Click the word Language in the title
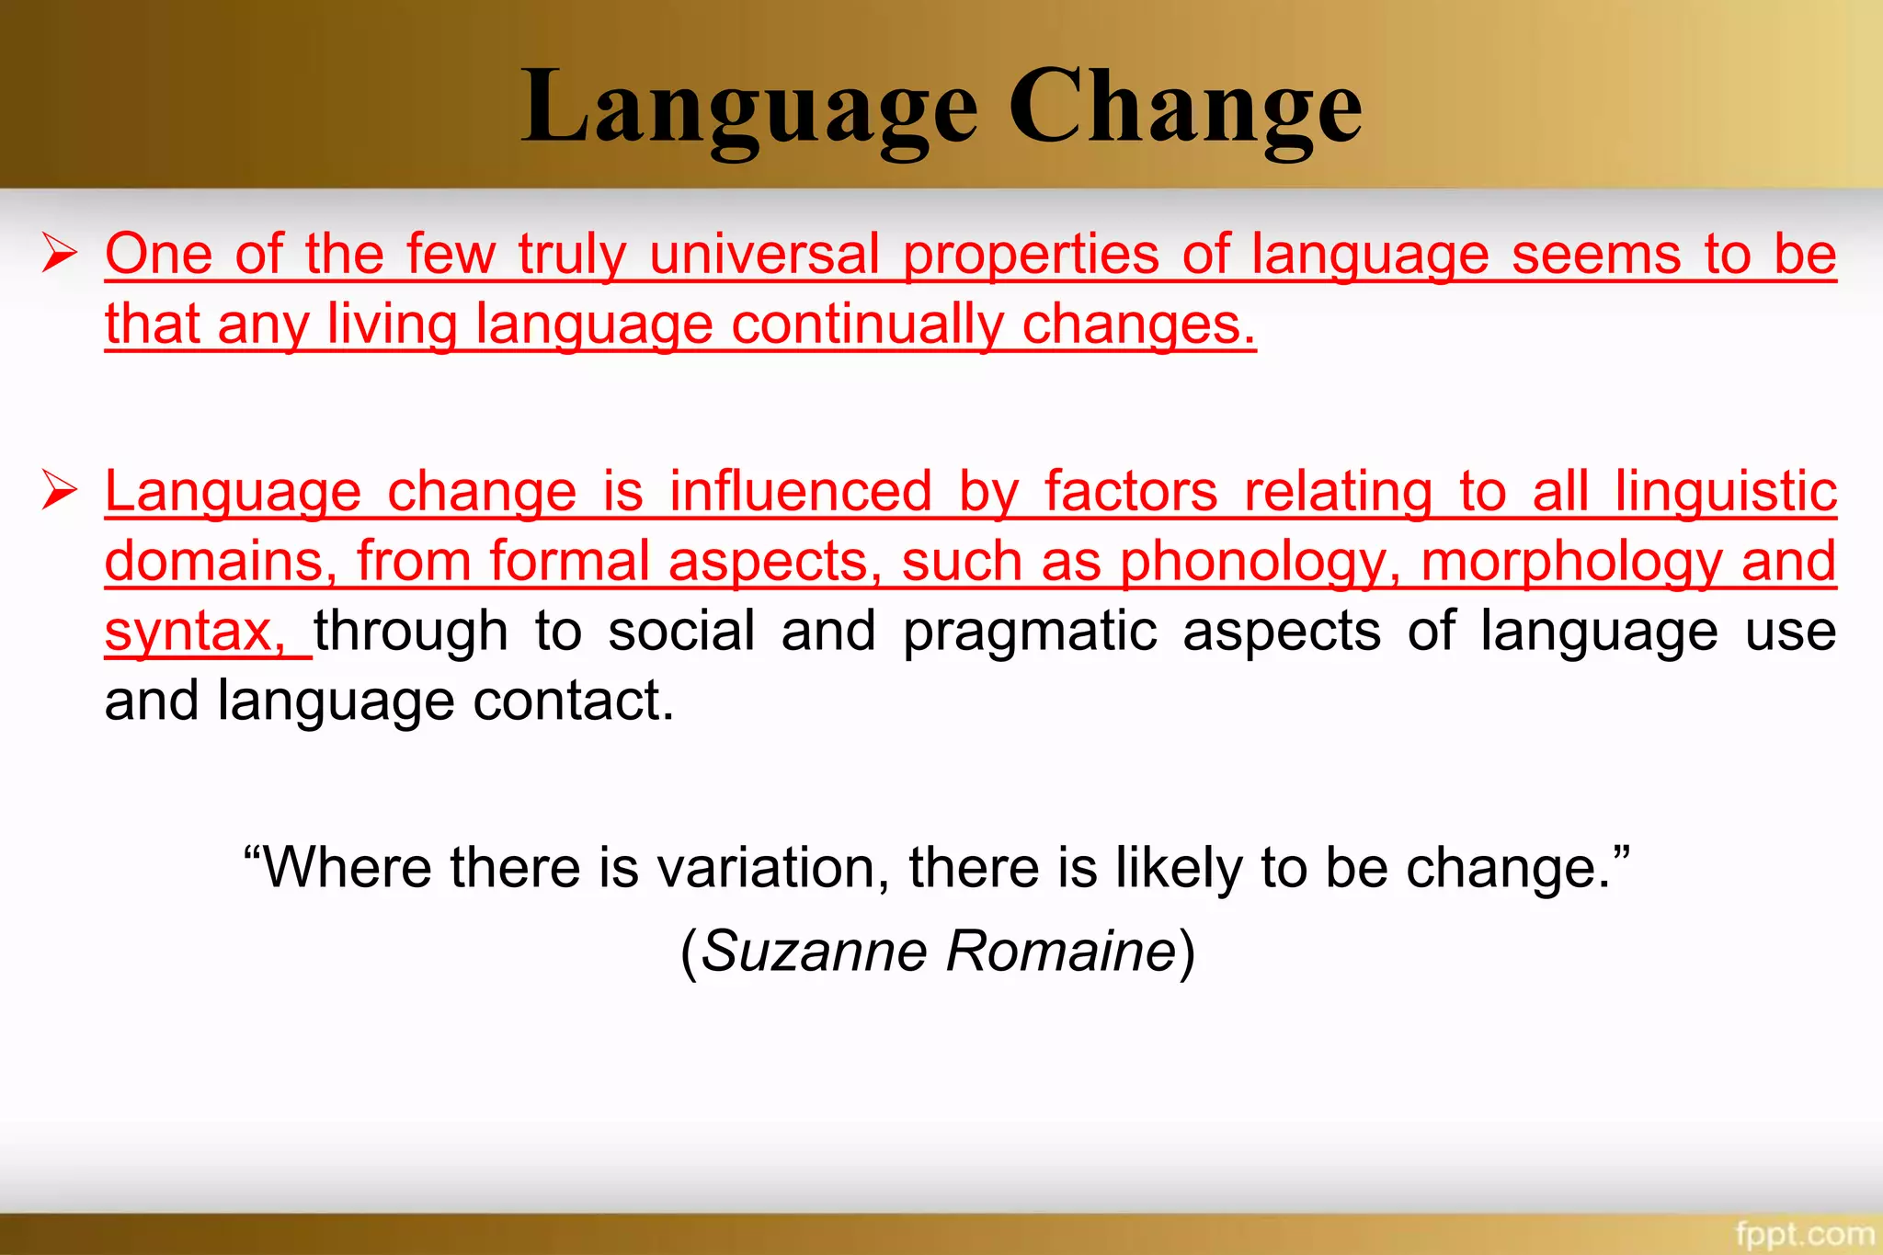[748, 108]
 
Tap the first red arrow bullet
[60, 253]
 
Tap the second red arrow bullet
[60, 490]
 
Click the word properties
[1031, 256]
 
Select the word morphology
[1569, 562]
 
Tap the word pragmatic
[1029, 633]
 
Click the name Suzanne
[814, 951]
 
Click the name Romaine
[1061, 951]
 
